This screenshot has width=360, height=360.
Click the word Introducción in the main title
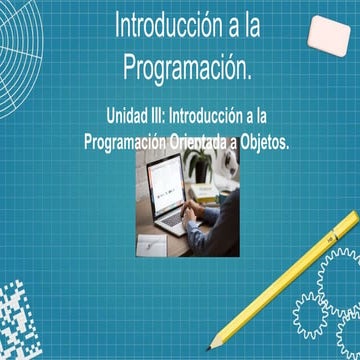tap(162, 26)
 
